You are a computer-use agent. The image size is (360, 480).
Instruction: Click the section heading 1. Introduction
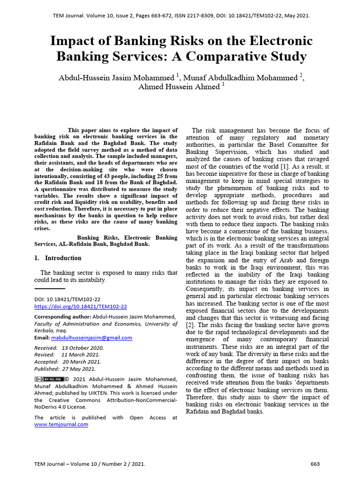click(x=58, y=258)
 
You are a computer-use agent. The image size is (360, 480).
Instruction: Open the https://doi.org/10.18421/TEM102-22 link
click(x=81, y=307)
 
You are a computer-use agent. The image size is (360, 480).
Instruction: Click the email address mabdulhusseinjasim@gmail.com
click(x=92, y=337)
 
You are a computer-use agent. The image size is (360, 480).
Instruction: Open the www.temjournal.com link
click(x=61, y=424)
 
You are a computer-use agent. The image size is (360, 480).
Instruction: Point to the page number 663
click(x=315, y=464)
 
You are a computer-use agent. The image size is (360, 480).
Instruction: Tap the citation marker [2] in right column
click(x=190, y=325)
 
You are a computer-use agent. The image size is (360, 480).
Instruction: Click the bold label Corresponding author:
click(x=62, y=317)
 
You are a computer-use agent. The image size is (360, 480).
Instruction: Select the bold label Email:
click(x=42, y=337)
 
